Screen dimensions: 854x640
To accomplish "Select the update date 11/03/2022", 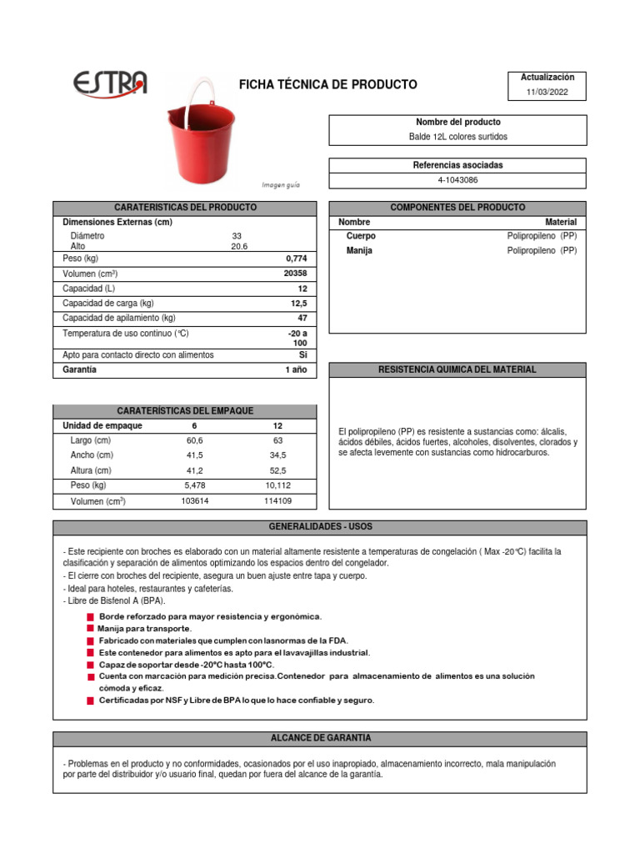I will click(547, 93).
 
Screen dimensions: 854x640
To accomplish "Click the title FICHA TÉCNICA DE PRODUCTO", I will click(328, 85).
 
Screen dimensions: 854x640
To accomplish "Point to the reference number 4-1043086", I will click(457, 180).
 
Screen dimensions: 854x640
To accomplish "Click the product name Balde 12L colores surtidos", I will click(457, 137).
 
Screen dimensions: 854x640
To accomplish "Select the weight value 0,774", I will click(297, 259).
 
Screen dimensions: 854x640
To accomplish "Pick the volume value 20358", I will click(295, 274).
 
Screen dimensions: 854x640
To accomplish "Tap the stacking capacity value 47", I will click(302, 318).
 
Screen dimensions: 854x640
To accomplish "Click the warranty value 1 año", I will click(296, 369).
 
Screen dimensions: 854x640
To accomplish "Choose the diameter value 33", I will click(237, 236).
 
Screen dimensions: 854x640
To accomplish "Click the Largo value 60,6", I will click(194, 440).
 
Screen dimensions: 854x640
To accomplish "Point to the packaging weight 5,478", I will click(194, 485).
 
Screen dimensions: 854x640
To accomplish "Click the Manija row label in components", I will click(359, 250).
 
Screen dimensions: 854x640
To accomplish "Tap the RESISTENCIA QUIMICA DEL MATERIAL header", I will click(457, 369).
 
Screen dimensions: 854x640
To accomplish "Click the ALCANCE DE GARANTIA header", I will click(320, 738).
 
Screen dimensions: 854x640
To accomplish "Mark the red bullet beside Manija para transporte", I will click(90, 628).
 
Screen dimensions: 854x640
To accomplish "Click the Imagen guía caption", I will click(281, 184).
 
